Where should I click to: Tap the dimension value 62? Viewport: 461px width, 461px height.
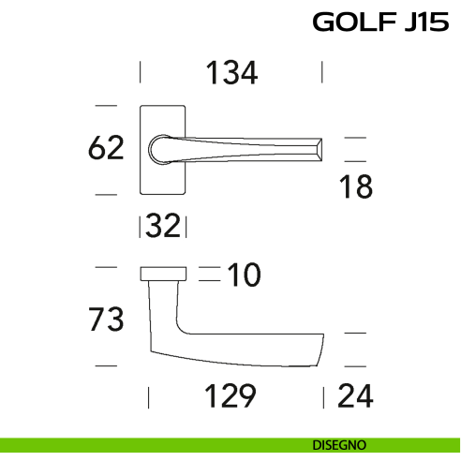coord(105,148)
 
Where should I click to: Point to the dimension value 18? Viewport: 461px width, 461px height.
coord(356,187)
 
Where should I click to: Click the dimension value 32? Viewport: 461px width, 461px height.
coord(164,227)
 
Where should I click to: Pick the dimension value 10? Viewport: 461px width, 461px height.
coord(244,275)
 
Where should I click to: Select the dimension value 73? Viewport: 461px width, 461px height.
coord(105,320)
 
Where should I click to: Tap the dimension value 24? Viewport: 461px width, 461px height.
coord(355,396)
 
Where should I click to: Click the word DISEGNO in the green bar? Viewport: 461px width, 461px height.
coord(340,444)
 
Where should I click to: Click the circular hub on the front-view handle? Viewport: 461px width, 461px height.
coord(159,149)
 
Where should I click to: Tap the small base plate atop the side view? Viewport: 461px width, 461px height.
coord(163,274)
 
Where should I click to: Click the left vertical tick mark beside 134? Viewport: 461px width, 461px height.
coord(141,73)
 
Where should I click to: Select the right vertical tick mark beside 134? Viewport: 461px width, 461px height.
coord(322,73)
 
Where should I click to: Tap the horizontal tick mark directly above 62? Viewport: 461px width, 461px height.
coord(106,104)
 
